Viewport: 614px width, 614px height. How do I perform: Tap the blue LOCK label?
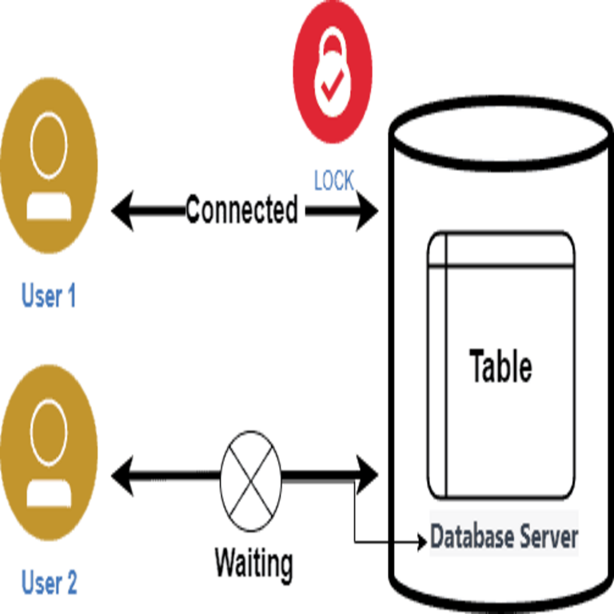(x=333, y=181)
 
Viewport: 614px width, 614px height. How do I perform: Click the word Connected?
(x=242, y=211)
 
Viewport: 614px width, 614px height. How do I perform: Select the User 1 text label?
(x=49, y=297)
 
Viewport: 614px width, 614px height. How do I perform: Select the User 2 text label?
(x=49, y=582)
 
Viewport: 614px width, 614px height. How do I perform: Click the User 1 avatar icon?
(x=49, y=166)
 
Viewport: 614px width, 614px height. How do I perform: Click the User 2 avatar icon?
(x=49, y=453)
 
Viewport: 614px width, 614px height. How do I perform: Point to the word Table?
(x=501, y=367)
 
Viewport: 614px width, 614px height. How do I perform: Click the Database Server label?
(x=504, y=536)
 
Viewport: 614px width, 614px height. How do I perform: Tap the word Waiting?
(x=253, y=564)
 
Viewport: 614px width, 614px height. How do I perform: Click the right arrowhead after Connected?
(x=369, y=213)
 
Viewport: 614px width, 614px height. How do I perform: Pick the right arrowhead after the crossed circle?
(x=369, y=475)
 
